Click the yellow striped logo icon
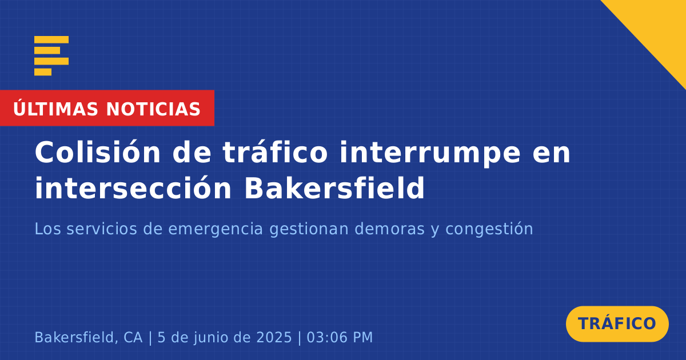[x=51, y=56]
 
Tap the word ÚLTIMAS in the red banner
[x=55, y=109]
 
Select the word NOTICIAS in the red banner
[x=153, y=109]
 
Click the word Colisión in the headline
[x=97, y=152]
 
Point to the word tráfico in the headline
[x=275, y=152]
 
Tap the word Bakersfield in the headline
[x=334, y=187]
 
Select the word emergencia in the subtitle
[x=216, y=230]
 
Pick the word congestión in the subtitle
[x=489, y=230]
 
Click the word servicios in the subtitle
[x=102, y=229]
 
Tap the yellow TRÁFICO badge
[x=617, y=324]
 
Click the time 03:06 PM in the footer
[x=340, y=337]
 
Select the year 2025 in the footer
[x=274, y=337]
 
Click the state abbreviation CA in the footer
[x=133, y=337]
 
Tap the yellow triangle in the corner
[x=659, y=27]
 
